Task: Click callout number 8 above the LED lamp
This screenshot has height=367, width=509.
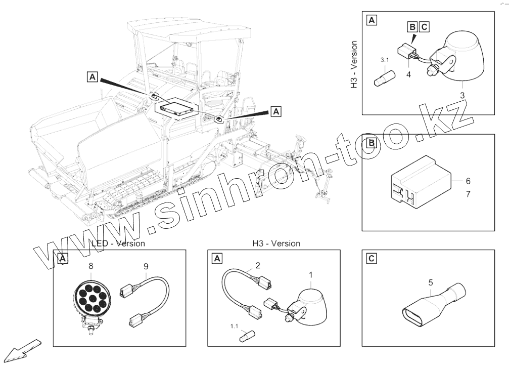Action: [x=90, y=265]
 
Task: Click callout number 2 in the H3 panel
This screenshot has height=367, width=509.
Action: [x=258, y=265]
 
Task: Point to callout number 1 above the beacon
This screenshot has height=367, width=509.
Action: [x=311, y=275]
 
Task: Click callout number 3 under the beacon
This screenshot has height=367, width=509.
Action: [x=462, y=95]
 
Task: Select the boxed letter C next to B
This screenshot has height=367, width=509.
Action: [x=424, y=26]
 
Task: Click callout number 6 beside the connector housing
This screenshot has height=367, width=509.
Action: [x=468, y=181]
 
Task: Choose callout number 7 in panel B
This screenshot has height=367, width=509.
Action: [x=468, y=194]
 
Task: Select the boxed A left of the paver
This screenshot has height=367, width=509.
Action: [x=92, y=77]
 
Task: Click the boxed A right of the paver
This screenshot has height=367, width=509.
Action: [x=276, y=110]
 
